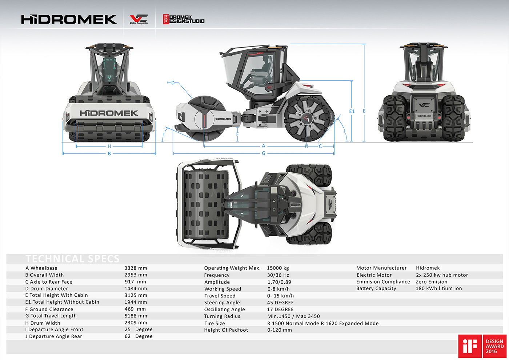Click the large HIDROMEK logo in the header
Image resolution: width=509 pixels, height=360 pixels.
tap(69, 19)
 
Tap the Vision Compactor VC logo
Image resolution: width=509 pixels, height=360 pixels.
tap(139, 20)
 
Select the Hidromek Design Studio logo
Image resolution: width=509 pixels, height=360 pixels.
tap(184, 19)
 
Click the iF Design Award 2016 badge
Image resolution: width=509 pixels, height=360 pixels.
tap(482, 346)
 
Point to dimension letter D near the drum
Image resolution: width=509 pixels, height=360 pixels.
tap(173, 83)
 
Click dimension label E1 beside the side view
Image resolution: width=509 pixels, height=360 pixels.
tap(352, 111)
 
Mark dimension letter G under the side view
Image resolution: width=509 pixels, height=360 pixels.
tap(264, 153)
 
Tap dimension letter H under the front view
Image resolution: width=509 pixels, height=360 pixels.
tap(109, 146)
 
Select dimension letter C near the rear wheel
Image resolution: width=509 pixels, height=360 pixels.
tap(320, 146)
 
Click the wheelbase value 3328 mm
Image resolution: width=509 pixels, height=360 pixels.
tap(136, 268)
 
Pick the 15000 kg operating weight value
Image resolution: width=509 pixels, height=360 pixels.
tap(278, 268)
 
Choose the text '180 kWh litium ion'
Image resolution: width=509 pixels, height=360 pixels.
tap(438, 288)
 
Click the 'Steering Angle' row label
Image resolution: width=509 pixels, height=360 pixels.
tap(222, 303)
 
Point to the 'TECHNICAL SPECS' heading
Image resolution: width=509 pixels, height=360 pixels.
tap(72, 259)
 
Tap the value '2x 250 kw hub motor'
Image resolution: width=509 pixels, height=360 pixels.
tap(442, 275)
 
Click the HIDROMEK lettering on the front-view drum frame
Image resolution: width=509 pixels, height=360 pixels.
tap(109, 113)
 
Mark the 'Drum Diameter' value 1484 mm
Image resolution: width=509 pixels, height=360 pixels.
tap(136, 288)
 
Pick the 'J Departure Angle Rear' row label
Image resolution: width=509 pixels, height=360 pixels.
tap(54, 336)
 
